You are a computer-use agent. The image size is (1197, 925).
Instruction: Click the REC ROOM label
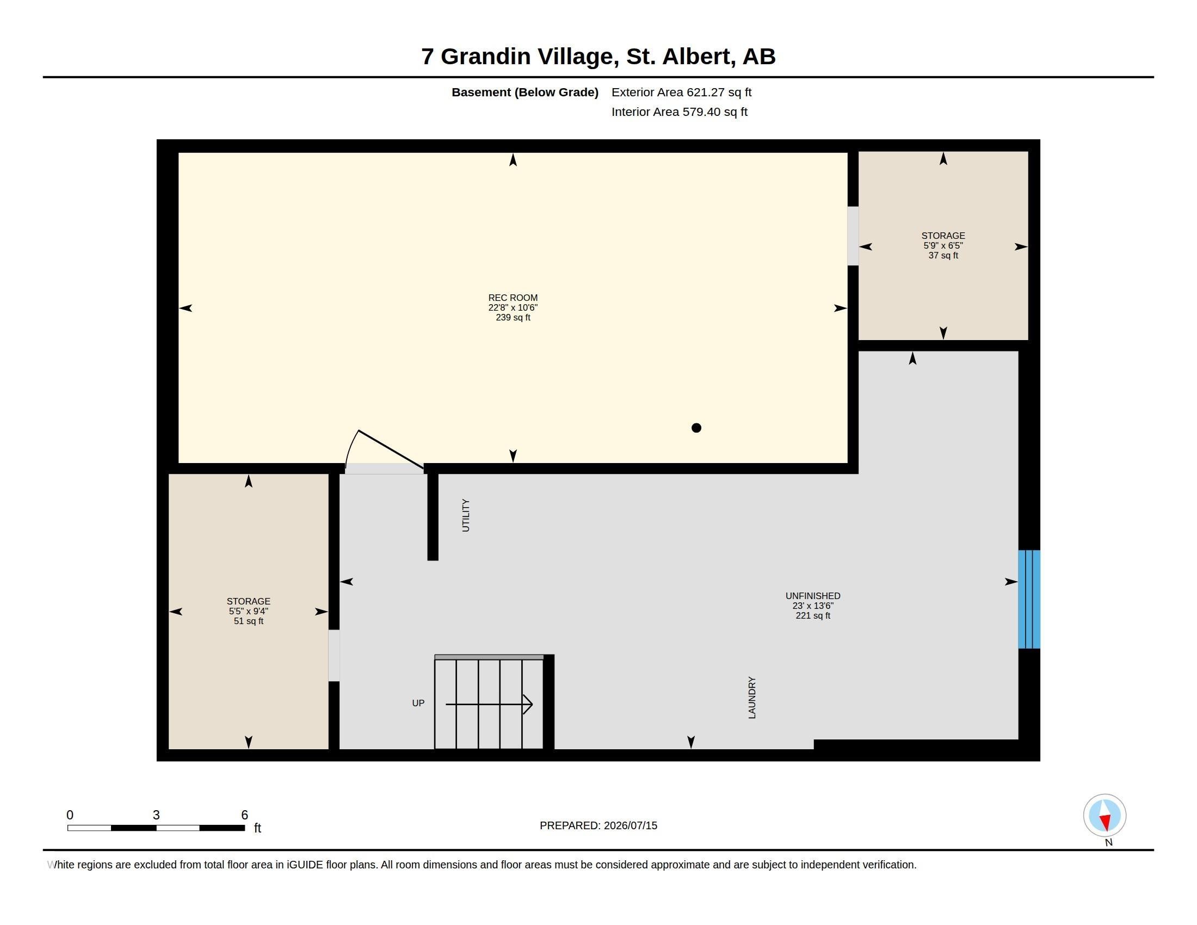[513, 298]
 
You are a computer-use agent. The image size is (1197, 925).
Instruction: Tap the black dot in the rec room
[696, 428]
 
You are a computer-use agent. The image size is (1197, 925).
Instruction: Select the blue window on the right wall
[1029, 599]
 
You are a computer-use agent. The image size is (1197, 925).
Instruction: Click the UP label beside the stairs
[418, 703]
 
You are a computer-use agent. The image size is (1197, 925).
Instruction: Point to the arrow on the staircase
[489, 704]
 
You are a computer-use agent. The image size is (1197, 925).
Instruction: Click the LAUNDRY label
[752, 698]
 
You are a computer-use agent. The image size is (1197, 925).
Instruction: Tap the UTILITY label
[466, 515]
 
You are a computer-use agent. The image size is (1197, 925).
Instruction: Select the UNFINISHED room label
[813, 596]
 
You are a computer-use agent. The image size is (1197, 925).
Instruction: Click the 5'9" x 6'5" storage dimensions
[943, 245]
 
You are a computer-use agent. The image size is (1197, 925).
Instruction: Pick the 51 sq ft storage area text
[248, 621]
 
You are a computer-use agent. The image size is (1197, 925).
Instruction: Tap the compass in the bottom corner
[1105, 815]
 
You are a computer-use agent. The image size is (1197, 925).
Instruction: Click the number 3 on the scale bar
[156, 815]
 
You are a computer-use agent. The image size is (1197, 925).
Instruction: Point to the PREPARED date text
[598, 825]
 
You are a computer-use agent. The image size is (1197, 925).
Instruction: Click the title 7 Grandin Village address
[598, 57]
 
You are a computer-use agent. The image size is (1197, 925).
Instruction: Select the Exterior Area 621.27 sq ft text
[681, 92]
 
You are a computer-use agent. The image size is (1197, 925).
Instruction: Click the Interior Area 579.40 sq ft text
[679, 112]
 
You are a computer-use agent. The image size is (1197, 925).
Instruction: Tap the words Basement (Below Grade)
[525, 92]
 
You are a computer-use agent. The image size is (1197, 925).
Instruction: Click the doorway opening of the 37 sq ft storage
[853, 236]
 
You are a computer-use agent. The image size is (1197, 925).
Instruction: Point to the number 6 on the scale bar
[244, 815]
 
